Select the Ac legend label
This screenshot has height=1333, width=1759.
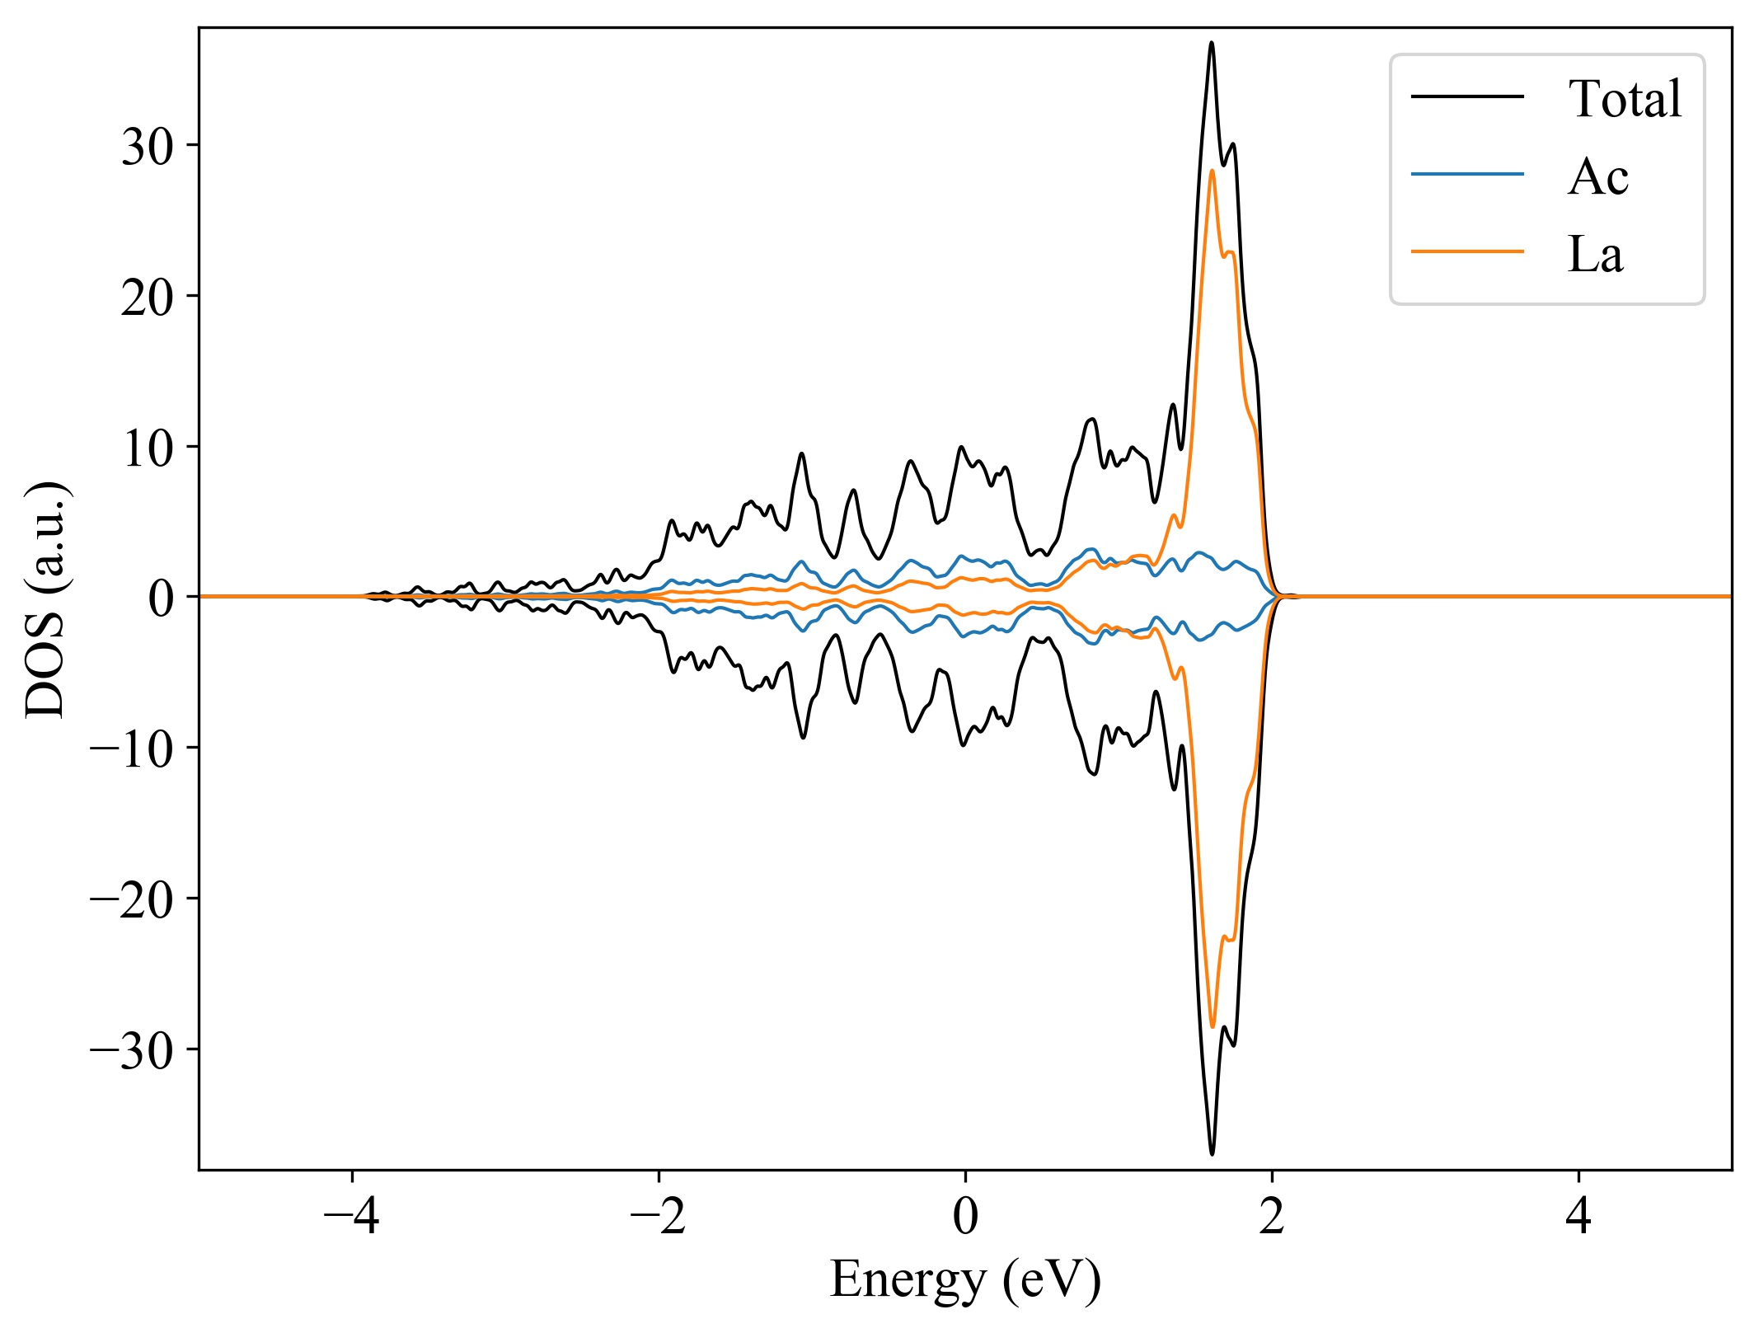[x=1597, y=176]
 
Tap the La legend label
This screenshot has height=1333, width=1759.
[x=1595, y=254]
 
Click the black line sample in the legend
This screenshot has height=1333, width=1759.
[x=1466, y=97]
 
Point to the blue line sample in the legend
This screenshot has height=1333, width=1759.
[x=1466, y=174]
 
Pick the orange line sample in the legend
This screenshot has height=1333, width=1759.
[x=1466, y=251]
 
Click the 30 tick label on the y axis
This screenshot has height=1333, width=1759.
[x=148, y=148]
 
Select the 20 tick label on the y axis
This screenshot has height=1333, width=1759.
[x=148, y=298]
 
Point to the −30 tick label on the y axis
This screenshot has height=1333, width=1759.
[x=132, y=1050]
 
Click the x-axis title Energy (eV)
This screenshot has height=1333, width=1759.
[x=965, y=1279]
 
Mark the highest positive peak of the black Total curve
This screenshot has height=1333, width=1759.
[x=1211, y=43]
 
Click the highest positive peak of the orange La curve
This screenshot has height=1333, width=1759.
[x=1212, y=171]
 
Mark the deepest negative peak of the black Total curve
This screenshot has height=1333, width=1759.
[x=1212, y=1153]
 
